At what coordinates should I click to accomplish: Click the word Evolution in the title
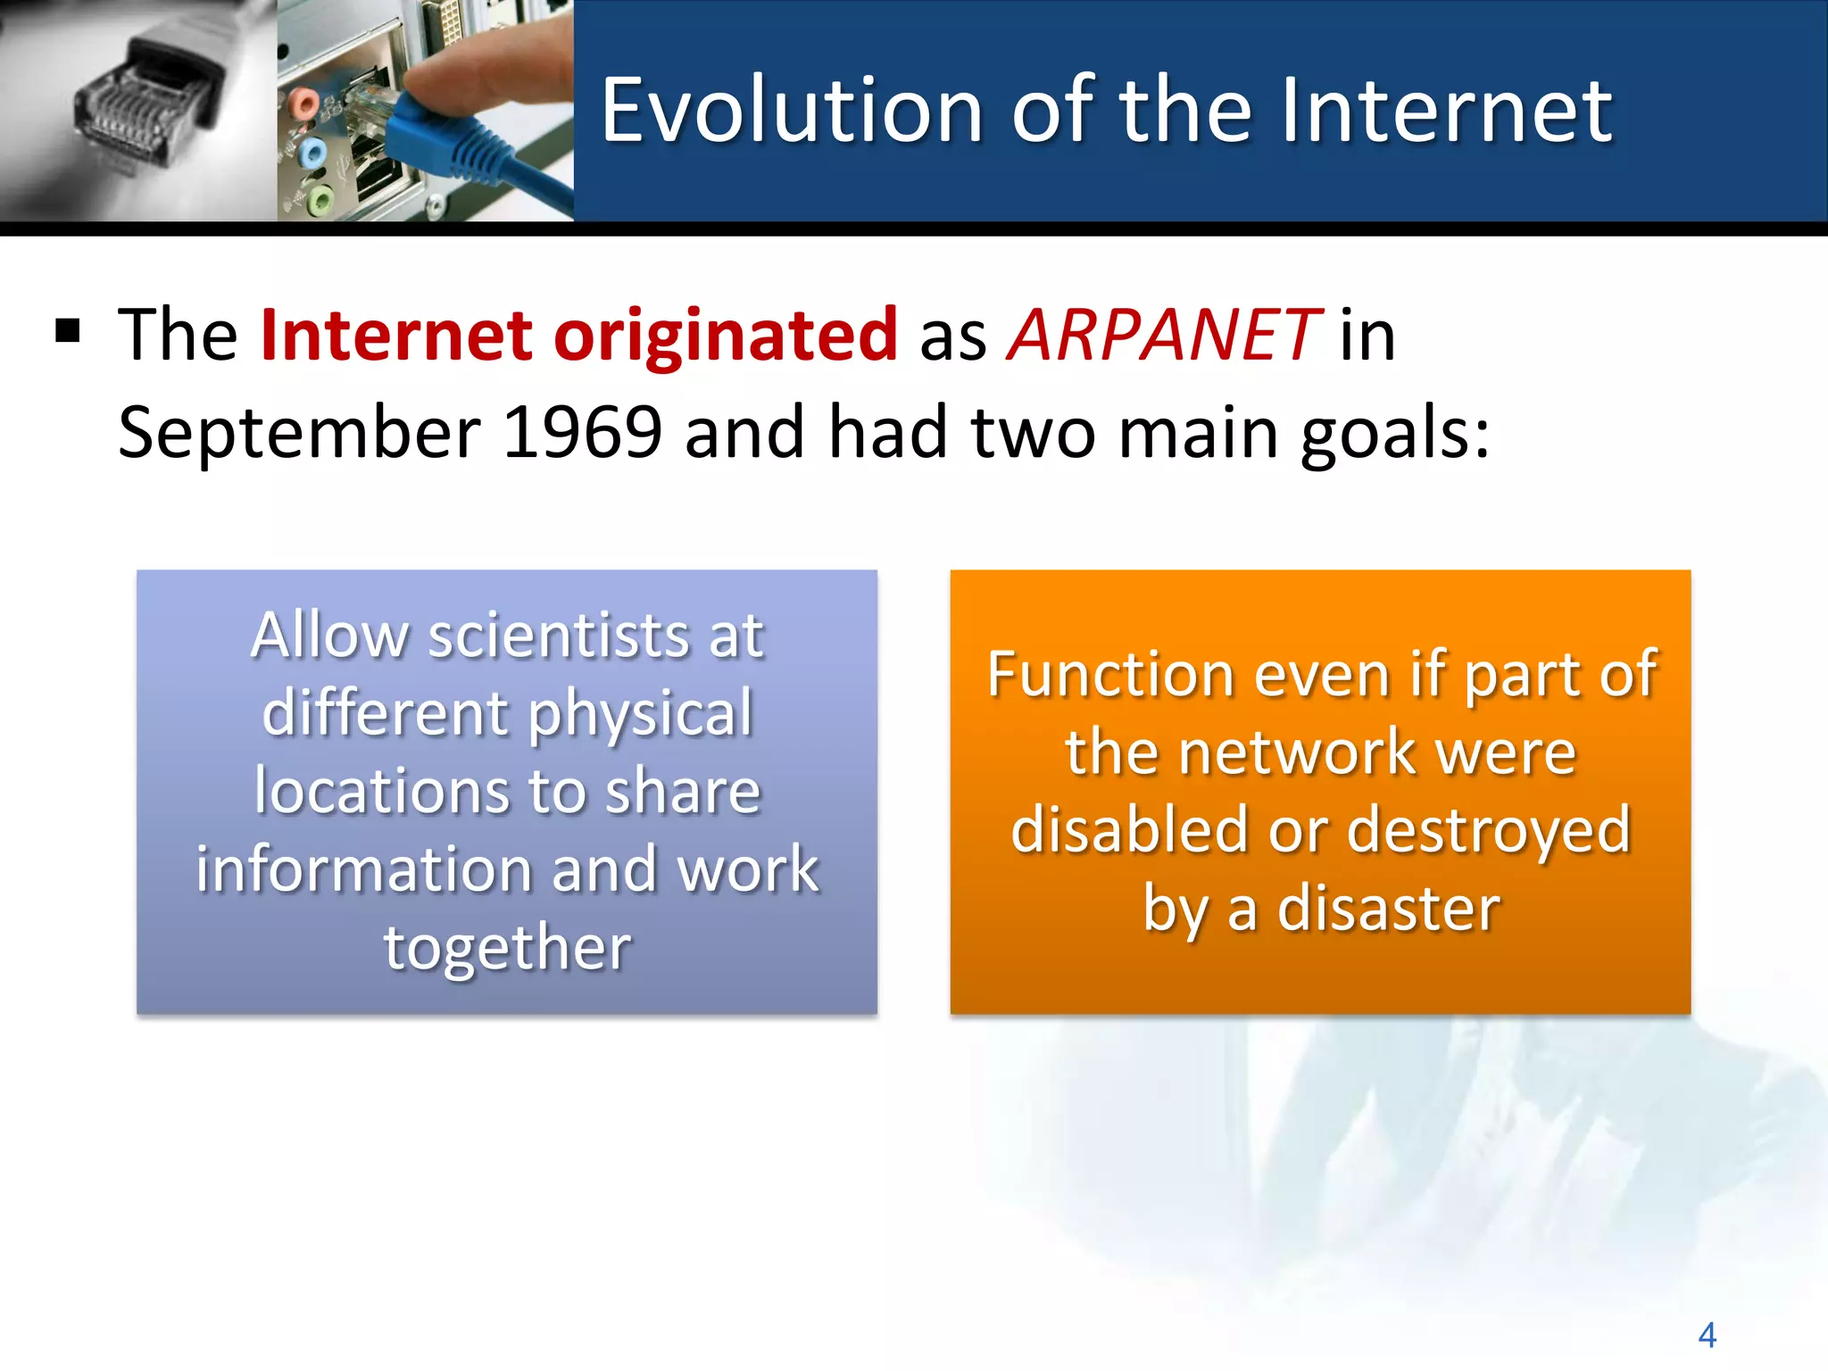tap(791, 111)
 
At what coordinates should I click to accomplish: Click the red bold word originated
tap(725, 335)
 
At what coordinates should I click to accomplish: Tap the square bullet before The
tap(68, 331)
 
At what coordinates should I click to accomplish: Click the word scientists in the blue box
tap(559, 636)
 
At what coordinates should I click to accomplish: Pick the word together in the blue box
tap(507, 947)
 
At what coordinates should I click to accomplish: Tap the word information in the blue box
tap(362, 869)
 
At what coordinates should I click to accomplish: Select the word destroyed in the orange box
tap(1488, 830)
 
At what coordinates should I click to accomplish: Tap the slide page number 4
tap(1707, 1335)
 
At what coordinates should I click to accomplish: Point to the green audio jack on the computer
tap(320, 198)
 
